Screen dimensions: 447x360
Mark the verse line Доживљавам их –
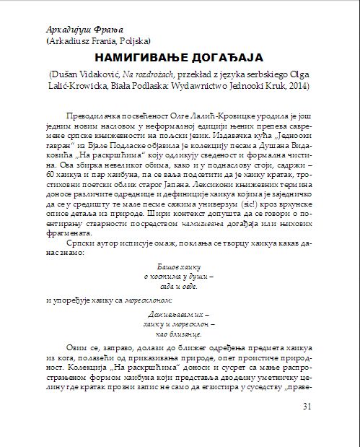pyautogui.click(x=176, y=316)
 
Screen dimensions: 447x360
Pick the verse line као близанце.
pyautogui.click(x=176, y=336)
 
